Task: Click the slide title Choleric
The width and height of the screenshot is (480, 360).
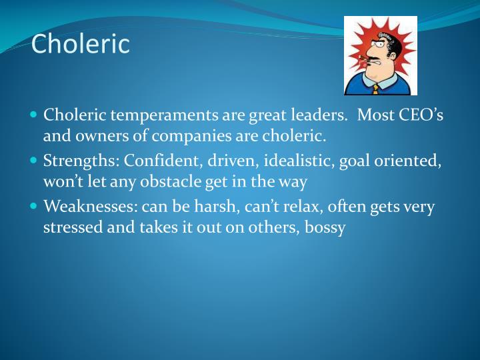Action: pyautogui.click(x=80, y=44)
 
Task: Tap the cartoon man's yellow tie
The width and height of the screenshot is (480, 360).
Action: pyautogui.click(x=376, y=88)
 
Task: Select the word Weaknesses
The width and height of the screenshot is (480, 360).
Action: pyautogui.click(x=89, y=207)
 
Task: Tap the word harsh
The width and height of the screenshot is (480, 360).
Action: pyautogui.click(x=211, y=207)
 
